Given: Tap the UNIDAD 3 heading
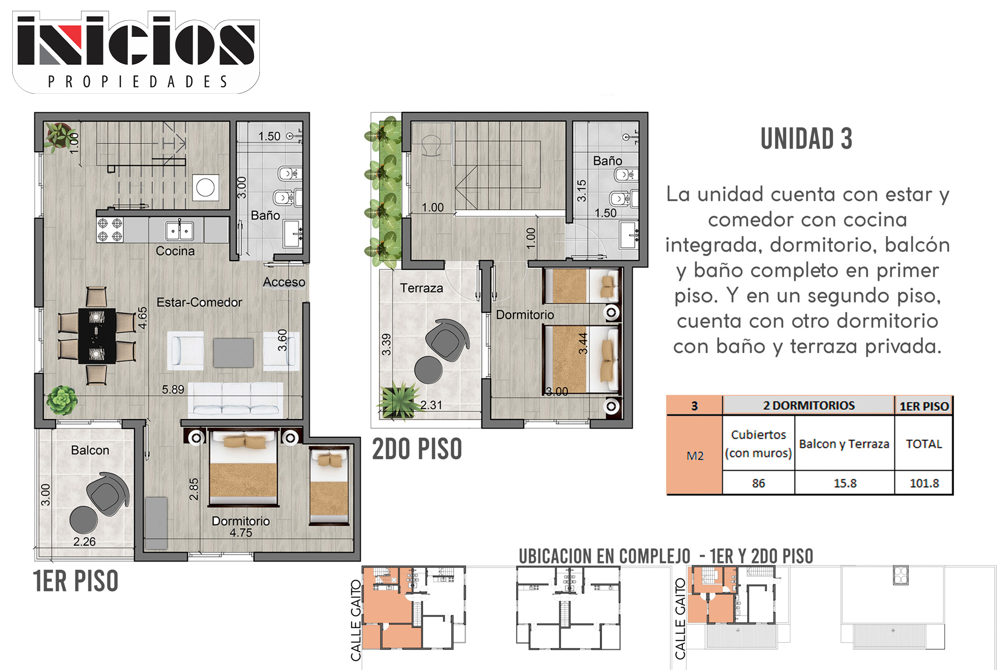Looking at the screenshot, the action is click(806, 139).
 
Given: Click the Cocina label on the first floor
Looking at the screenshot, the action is click(175, 251).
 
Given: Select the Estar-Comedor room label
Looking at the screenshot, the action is click(199, 302).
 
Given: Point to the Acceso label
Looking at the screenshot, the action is click(284, 282).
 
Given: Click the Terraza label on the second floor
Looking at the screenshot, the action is click(421, 288).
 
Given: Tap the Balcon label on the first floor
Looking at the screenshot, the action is click(90, 450).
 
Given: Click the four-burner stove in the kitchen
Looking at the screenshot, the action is click(110, 230).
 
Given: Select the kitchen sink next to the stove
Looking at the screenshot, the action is click(179, 230).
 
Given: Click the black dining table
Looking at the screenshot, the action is click(97, 336).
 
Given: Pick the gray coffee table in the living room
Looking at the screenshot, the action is click(233, 352).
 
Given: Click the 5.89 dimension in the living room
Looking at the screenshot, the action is click(173, 390).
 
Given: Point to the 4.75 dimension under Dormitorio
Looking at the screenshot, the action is click(241, 533).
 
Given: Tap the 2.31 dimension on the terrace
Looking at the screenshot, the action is click(431, 405).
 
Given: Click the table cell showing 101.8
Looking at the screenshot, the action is click(924, 483).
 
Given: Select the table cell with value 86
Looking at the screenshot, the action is click(758, 483).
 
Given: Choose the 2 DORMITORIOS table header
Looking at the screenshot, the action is click(809, 405).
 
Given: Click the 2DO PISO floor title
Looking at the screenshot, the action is click(417, 449).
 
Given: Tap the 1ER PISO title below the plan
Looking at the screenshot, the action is click(76, 581).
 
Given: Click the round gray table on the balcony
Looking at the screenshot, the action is click(84, 520).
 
